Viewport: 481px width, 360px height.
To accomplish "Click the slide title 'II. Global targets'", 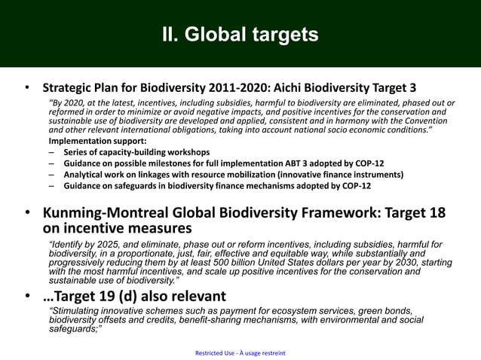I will pos(240,35).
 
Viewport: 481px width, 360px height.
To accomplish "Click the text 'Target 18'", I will pos(417,213).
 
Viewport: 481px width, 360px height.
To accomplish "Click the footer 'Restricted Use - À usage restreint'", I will pos(240,353).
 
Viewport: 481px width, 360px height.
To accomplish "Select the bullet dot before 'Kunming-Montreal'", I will pos(27,215).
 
